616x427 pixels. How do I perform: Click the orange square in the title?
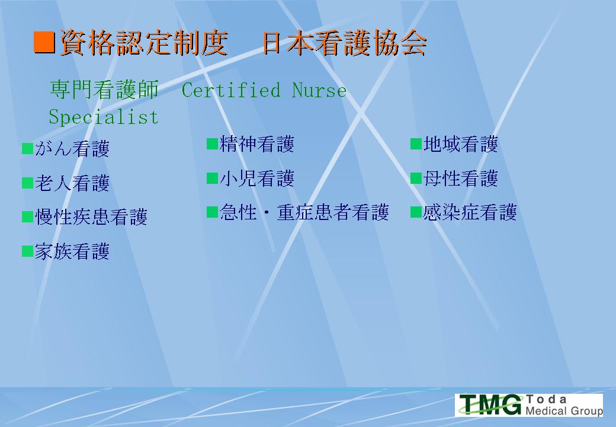[x=44, y=42]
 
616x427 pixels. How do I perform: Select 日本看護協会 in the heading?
[x=345, y=43]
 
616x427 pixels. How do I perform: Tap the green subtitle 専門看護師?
[x=104, y=89]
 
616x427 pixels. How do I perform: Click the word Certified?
[x=231, y=90]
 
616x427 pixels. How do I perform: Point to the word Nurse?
[x=319, y=90]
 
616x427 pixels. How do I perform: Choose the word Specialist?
[x=104, y=117]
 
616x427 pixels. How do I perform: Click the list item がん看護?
[x=72, y=149]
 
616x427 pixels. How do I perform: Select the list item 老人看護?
[x=72, y=183]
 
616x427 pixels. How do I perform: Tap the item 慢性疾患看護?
[x=91, y=217]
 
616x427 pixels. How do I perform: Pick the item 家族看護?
[x=72, y=251]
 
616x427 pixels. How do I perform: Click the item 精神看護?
[x=257, y=144]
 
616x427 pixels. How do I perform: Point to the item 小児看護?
[x=257, y=178]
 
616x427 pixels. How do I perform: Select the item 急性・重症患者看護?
[x=304, y=212]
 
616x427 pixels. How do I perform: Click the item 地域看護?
[x=461, y=144]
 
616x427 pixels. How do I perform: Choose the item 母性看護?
[x=461, y=178]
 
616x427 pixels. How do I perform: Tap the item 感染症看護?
[x=470, y=212]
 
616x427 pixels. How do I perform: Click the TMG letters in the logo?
[x=491, y=404]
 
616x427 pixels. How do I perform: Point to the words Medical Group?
[x=564, y=411]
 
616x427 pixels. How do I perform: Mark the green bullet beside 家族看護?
[x=27, y=251]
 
